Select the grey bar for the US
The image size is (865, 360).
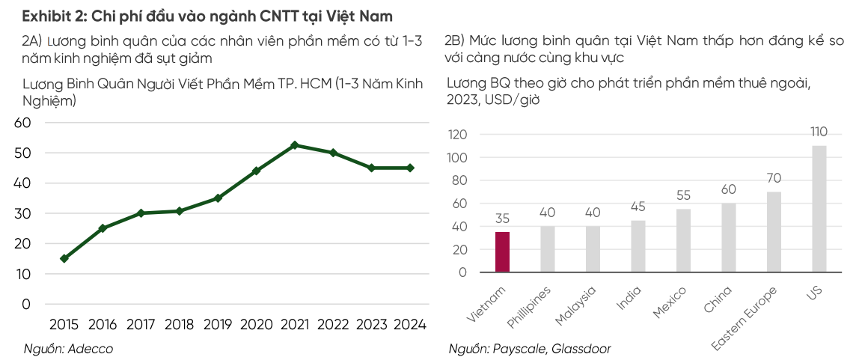[819, 209]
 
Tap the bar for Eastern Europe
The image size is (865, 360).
[774, 232]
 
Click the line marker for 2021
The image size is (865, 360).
[295, 145]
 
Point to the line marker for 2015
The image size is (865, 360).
[64, 258]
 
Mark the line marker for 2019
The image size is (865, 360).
[218, 198]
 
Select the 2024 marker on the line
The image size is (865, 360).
[410, 168]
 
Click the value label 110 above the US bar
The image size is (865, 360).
[819, 132]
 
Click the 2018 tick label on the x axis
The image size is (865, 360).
[179, 325]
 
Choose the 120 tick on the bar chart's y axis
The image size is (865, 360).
[457, 135]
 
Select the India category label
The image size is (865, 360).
[629, 300]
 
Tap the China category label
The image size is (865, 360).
[718, 301]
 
